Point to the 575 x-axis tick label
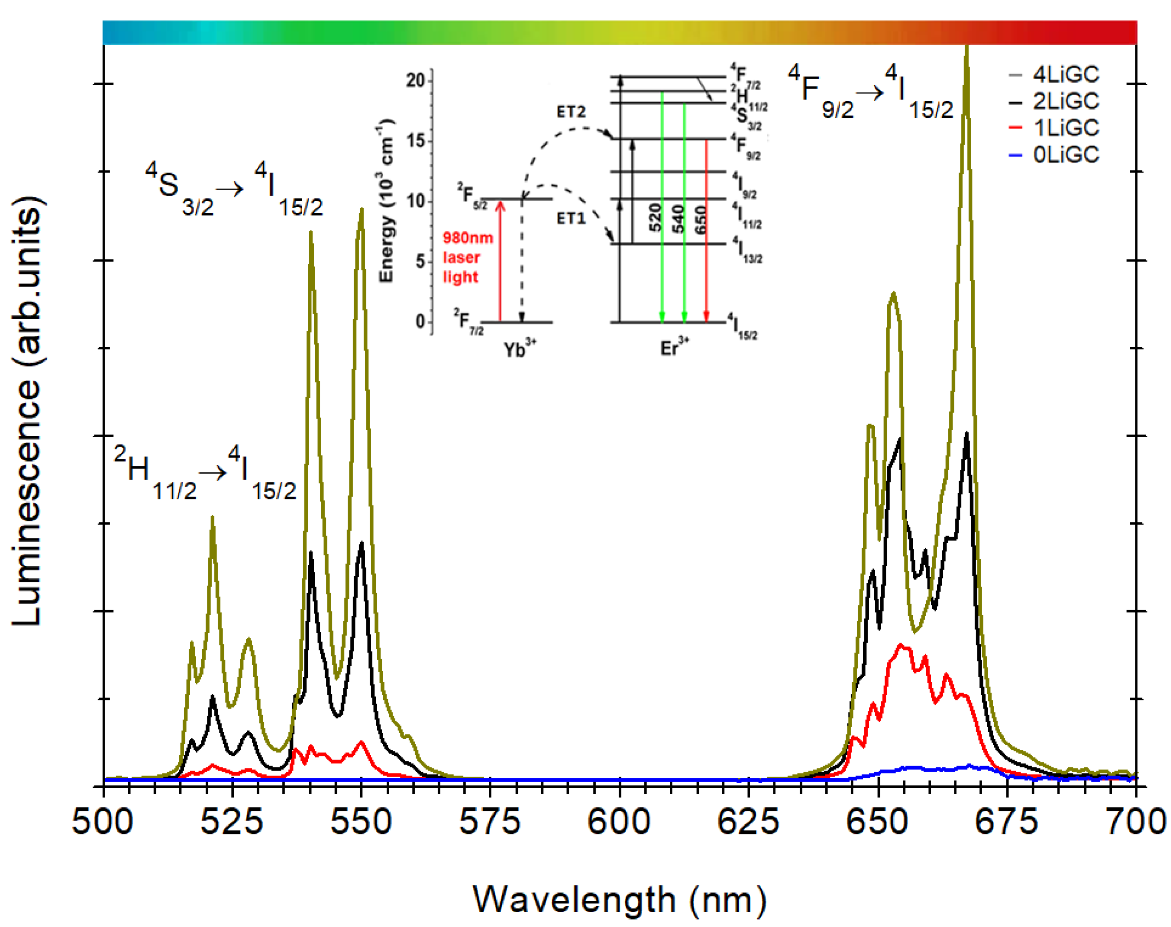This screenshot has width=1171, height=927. point(490,822)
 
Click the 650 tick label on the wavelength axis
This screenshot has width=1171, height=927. point(877,822)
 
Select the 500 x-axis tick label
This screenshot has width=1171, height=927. point(103,822)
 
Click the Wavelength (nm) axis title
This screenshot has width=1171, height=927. point(620,900)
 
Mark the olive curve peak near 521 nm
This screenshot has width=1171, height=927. point(212,518)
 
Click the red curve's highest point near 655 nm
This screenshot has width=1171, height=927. point(901,645)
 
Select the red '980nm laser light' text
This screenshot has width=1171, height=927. point(467,257)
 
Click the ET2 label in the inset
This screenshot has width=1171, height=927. point(571,112)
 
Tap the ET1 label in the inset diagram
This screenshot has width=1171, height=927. point(571,218)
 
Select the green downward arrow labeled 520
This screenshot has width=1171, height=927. point(661,206)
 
